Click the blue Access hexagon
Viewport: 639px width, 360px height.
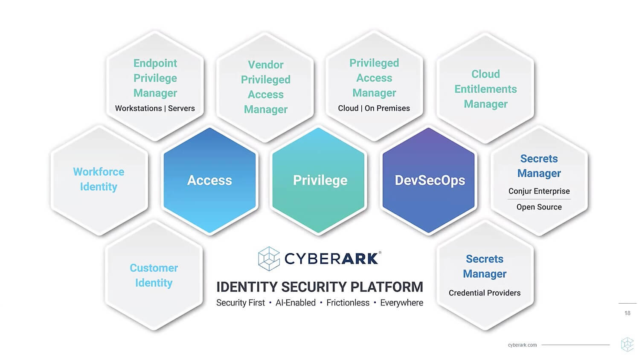pyautogui.click(x=209, y=180)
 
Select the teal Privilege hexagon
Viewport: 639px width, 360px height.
pyautogui.click(x=320, y=180)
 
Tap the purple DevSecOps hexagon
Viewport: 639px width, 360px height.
pyautogui.click(x=430, y=180)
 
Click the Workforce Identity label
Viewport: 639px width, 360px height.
pyautogui.click(x=99, y=179)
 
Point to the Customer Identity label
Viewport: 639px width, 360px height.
pyautogui.click(x=154, y=275)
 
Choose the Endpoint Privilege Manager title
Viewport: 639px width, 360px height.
pyautogui.click(x=155, y=78)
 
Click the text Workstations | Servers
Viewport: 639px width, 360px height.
pyautogui.click(x=155, y=108)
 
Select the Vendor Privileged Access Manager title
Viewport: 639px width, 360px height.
pyautogui.click(x=266, y=87)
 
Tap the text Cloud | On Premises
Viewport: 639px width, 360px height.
pyautogui.click(x=374, y=108)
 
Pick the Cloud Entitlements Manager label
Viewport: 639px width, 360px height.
pyautogui.click(x=485, y=89)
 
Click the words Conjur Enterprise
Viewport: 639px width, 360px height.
pyautogui.click(x=539, y=191)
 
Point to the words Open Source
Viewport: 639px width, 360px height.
pyautogui.click(x=539, y=207)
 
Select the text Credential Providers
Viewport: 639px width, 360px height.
pyautogui.click(x=485, y=293)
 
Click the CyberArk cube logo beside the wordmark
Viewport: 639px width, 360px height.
pyautogui.click(x=269, y=258)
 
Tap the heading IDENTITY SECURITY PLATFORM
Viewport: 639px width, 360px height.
pyautogui.click(x=319, y=287)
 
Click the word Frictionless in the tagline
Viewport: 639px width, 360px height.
pyautogui.click(x=348, y=303)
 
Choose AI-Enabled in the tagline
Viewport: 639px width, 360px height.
pyautogui.click(x=296, y=303)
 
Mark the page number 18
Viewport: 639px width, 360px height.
pyautogui.click(x=627, y=313)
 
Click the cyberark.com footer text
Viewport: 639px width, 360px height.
pyautogui.click(x=522, y=345)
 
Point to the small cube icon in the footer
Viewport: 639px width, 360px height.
pyautogui.click(x=627, y=344)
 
